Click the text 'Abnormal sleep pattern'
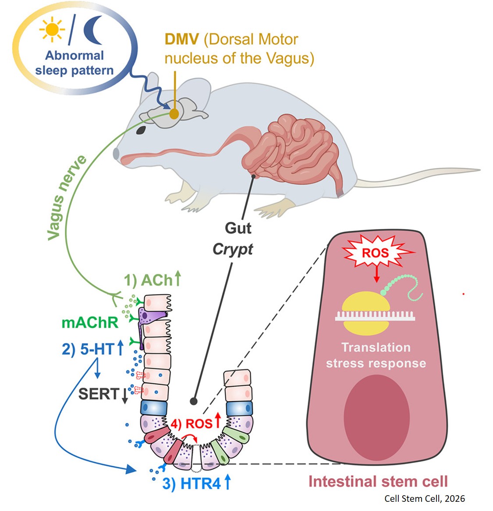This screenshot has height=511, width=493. (74, 63)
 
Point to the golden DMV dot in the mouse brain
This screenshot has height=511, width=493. (174, 114)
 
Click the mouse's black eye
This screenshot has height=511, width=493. (141, 130)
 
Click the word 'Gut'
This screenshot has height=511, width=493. (238, 228)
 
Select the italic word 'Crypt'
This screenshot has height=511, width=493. (233, 249)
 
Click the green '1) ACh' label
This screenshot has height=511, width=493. (152, 280)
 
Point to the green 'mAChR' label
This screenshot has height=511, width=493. (90, 323)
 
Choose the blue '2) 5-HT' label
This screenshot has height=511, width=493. (92, 349)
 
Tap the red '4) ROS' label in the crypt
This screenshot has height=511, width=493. (195, 423)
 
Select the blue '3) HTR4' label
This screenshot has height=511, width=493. (196, 483)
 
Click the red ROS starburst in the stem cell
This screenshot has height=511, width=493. (375, 253)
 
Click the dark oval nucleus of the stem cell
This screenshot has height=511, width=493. (376, 416)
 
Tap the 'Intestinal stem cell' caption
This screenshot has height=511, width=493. (378, 482)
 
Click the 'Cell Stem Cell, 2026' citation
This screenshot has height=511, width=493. (424, 499)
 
